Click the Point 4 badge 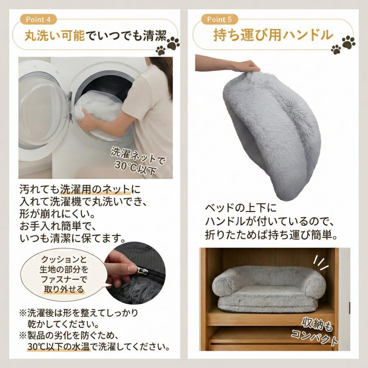coord(38,20)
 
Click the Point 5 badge coord(220,20)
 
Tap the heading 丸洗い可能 coord(54,36)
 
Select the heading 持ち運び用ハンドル coord(273,35)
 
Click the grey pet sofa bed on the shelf coord(269,289)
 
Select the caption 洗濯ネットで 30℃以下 coord(137,161)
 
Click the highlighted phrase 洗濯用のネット coord(95,189)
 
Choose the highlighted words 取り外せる coord(64,289)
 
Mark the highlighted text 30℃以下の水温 coord(58,346)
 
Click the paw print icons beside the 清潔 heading coord(168,45)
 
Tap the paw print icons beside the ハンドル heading coord(343,45)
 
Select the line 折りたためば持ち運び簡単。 coord(271,235)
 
